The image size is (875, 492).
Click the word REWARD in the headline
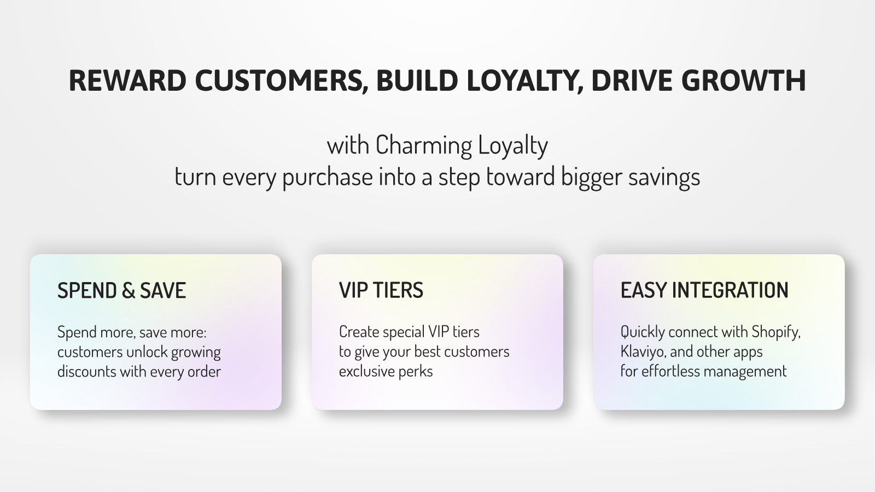(127, 80)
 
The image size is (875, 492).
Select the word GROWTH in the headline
(744, 80)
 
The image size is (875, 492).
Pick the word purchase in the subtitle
(328, 178)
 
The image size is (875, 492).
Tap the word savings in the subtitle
(664, 178)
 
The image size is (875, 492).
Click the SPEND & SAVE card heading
(122, 290)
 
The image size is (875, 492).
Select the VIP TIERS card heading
(381, 290)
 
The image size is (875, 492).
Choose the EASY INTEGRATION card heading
(705, 290)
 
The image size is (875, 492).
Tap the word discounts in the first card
(87, 371)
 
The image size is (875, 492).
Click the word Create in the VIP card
(359, 332)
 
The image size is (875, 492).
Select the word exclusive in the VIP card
(366, 371)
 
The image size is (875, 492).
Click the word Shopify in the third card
(776, 332)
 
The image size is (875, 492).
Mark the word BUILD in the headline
(417, 80)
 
